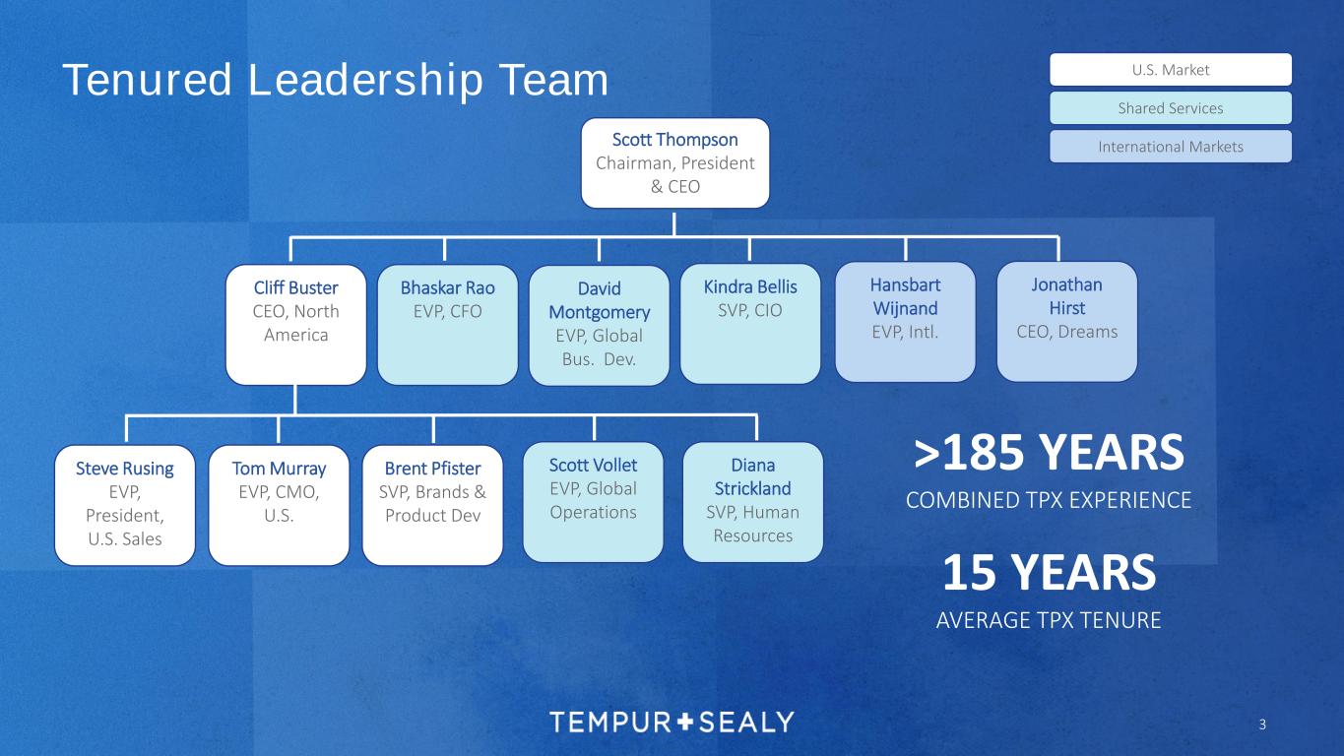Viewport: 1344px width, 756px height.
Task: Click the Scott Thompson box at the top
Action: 674,162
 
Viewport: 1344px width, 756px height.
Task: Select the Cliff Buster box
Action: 295,324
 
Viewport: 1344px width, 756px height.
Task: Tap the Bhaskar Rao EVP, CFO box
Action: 447,324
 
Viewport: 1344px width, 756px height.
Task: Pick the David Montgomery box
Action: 599,325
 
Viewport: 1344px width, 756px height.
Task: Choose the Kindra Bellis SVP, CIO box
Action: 749,324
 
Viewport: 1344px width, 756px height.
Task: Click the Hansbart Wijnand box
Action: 905,321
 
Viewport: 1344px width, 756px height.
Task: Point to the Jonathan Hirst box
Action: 1066,321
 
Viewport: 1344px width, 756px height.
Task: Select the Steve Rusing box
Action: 124,505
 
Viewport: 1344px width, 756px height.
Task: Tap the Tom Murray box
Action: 279,505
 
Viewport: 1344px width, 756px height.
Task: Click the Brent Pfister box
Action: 433,505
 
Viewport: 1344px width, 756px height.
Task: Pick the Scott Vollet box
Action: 593,502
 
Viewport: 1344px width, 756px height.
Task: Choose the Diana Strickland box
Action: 752,502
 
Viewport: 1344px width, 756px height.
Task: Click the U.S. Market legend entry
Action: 1170,70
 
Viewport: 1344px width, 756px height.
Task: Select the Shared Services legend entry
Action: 1170,108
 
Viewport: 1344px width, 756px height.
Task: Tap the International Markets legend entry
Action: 1170,147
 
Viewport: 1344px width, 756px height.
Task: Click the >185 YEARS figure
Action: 1049,454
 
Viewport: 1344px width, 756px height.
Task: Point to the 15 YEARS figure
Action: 1049,574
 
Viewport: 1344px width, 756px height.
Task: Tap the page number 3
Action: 1262,725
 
